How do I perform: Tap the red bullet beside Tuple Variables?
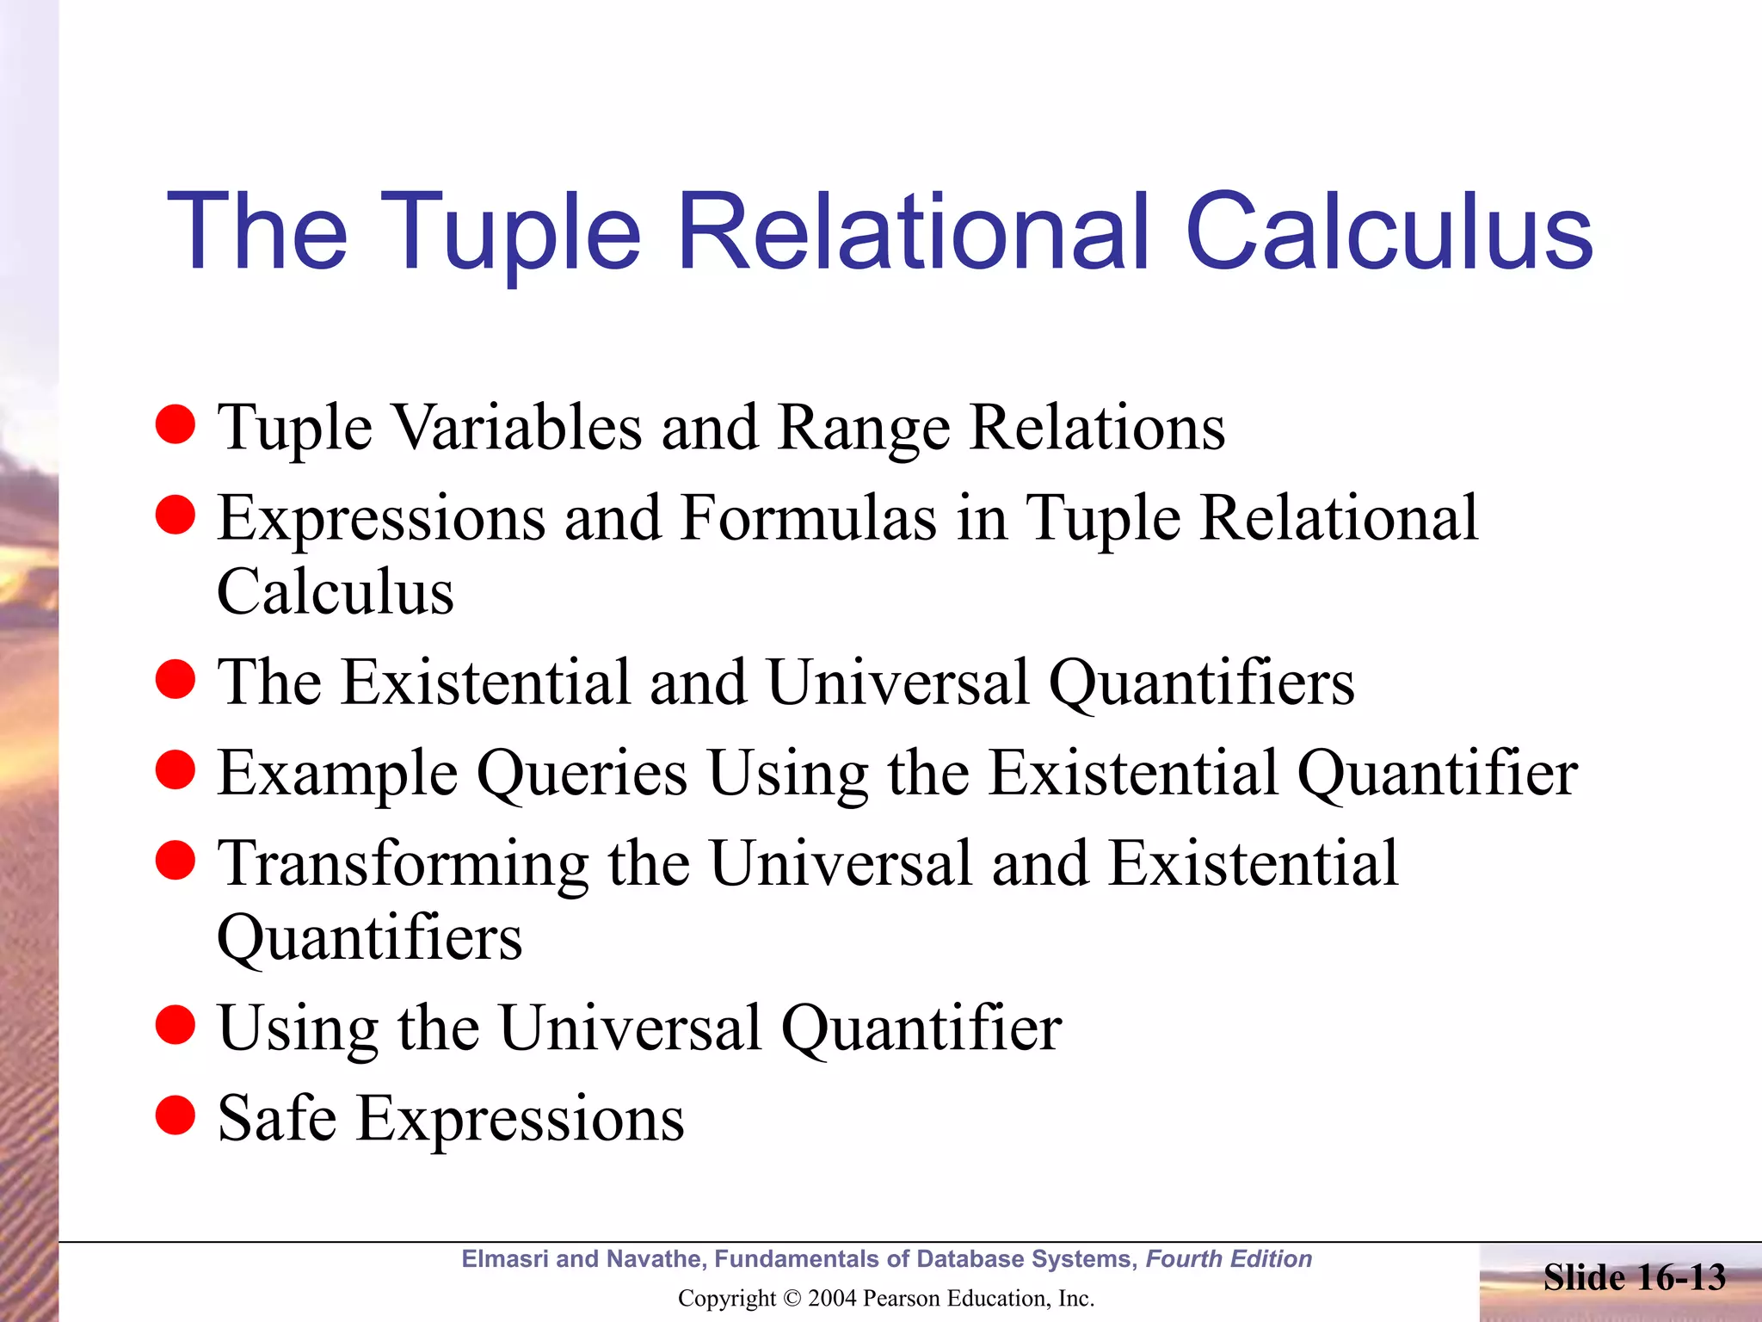click(x=176, y=424)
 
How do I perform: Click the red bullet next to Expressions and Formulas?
click(x=176, y=515)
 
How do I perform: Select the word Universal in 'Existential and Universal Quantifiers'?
click(x=897, y=682)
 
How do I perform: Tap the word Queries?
click(x=582, y=773)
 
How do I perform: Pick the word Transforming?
click(x=403, y=864)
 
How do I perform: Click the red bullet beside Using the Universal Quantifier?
click(x=176, y=1024)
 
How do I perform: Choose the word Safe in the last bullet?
click(x=277, y=1118)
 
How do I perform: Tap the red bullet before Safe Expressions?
click(x=176, y=1115)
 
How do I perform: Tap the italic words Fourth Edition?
click(x=1229, y=1259)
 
